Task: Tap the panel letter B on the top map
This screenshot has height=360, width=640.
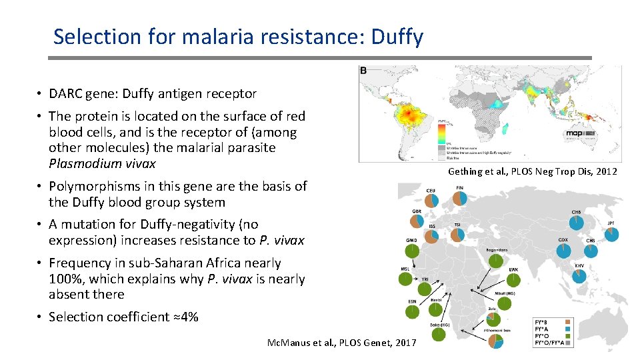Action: [363, 71]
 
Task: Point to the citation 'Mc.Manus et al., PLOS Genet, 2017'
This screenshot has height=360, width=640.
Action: [341, 342]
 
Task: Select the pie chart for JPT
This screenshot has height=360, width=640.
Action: [612, 234]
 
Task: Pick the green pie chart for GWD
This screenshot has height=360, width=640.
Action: [413, 251]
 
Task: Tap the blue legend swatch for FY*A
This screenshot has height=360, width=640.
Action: [569, 328]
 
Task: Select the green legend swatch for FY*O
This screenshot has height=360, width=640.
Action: [569, 335]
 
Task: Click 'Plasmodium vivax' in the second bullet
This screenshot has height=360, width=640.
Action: [102, 163]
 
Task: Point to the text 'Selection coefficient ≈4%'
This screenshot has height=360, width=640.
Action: [123, 317]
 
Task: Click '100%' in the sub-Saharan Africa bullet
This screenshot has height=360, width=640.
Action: [65, 279]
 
